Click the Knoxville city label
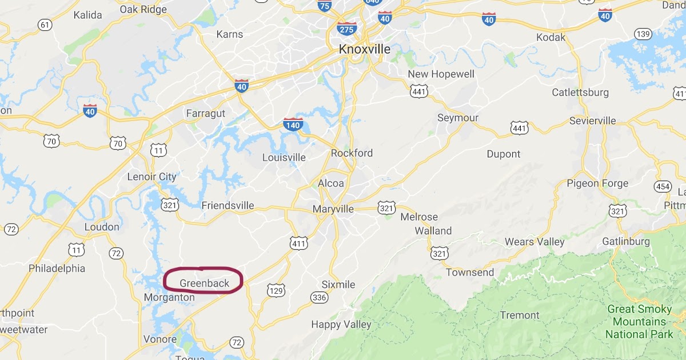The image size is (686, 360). [364, 49]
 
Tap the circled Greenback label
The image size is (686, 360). [204, 283]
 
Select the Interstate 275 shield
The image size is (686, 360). [347, 28]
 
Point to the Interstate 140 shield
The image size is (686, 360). [293, 123]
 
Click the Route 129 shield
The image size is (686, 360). [276, 291]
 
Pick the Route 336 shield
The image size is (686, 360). [319, 297]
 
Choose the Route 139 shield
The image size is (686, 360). [643, 34]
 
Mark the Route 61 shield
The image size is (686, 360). [45, 25]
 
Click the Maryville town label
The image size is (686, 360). [333, 210]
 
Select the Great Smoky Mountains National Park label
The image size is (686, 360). [640, 322]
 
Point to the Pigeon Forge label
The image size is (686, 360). [597, 183]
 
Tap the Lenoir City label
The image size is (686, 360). [151, 177]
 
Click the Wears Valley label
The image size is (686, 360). [535, 242]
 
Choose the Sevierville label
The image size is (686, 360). [593, 121]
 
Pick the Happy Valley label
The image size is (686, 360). [341, 325]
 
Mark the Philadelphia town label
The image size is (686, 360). [57, 268]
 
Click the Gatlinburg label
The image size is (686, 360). [626, 242]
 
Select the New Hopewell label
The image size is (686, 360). [441, 74]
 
